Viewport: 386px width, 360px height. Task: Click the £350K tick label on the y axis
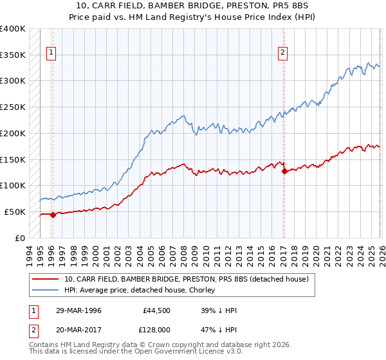click(x=13, y=55)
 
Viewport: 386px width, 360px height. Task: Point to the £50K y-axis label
click(x=15, y=212)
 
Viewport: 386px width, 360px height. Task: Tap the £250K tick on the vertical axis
click(x=13, y=107)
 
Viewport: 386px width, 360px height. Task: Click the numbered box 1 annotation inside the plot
click(x=51, y=53)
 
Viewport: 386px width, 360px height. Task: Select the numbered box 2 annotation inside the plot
click(x=282, y=53)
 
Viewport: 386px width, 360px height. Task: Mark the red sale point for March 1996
click(x=53, y=215)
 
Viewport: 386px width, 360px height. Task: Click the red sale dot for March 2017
click(x=284, y=171)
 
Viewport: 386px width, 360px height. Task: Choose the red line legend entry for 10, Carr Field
click(x=187, y=279)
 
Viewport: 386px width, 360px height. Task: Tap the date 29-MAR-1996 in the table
click(x=78, y=310)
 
